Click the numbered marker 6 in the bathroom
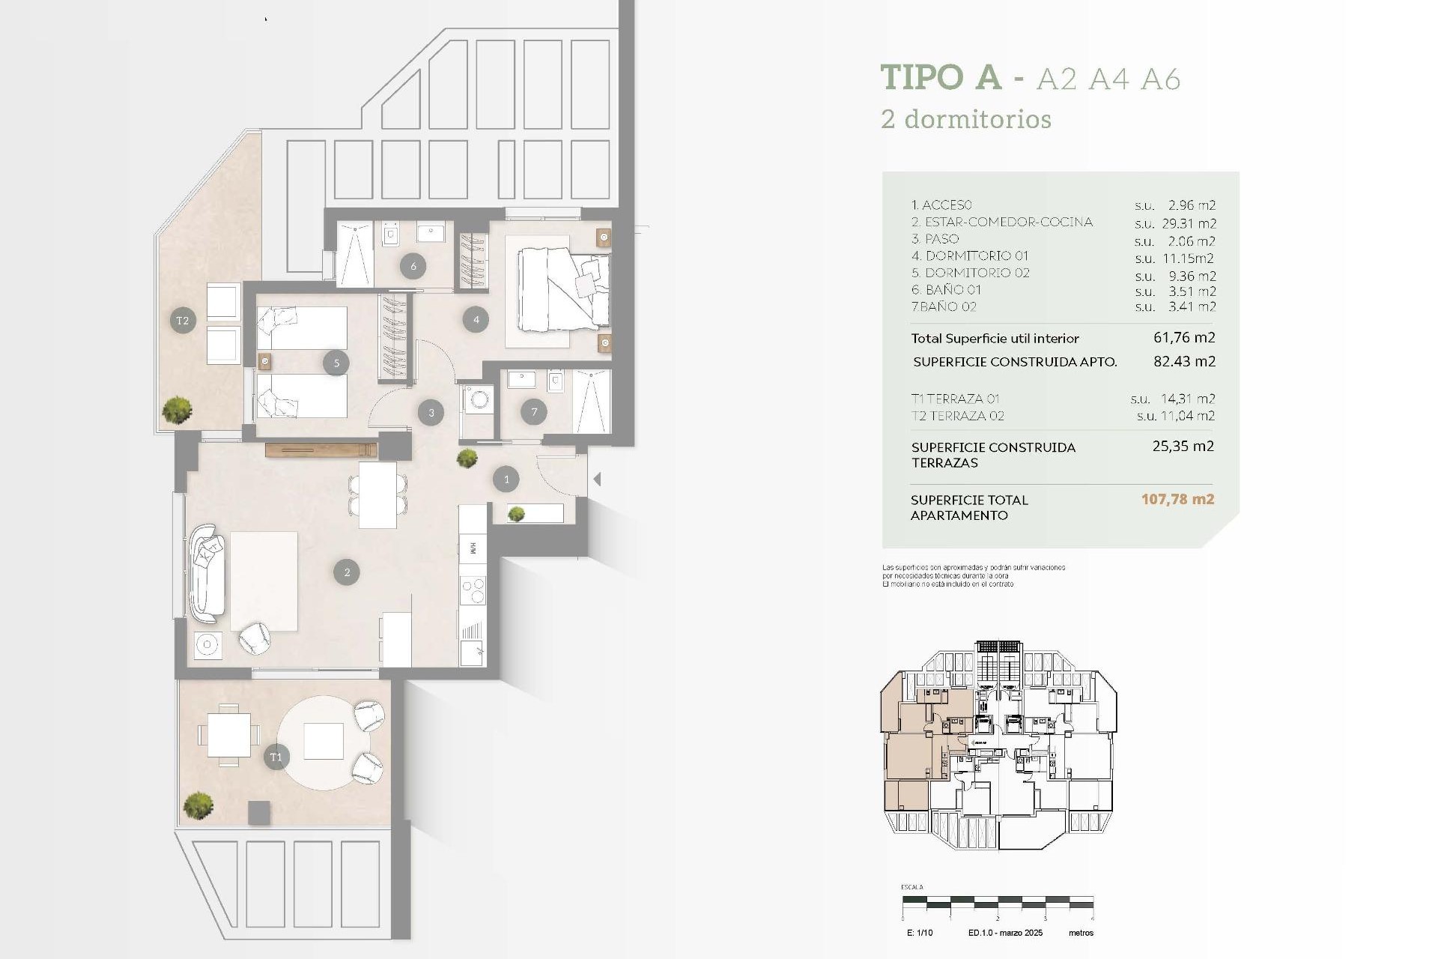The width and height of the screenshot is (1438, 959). (x=413, y=265)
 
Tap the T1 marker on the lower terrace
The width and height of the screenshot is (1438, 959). (x=276, y=757)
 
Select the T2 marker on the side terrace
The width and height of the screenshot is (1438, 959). (x=183, y=321)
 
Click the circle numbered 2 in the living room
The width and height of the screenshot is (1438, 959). (x=347, y=572)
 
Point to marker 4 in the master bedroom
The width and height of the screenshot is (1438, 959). (x=476, y=320)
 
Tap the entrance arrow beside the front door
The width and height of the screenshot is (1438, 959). (x=597, y=479)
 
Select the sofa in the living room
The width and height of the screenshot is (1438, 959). (x=207, y=574)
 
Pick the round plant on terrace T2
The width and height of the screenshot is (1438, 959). (x=178, y=410)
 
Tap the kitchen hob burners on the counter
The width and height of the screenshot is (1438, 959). (x=473, y=590)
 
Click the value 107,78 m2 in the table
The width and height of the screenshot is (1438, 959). (x=1177, y=499)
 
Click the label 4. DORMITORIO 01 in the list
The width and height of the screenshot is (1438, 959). (x=970, y=256)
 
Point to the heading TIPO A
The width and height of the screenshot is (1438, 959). (x=941, y=78)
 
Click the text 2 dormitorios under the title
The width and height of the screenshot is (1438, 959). (x=966, y=119)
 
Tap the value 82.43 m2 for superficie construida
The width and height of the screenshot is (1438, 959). (x=1184, y=361)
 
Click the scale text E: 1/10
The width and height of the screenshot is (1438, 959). (x=920, y=933)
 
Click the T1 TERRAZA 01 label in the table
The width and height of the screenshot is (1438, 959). (x=955, y=399)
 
